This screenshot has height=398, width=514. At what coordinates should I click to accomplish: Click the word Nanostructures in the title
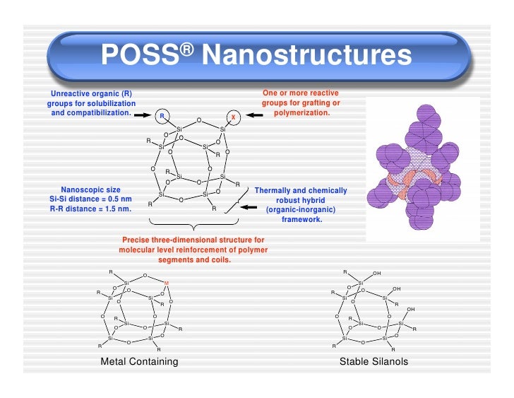click(x=306, y=55)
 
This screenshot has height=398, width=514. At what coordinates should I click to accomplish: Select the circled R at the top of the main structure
click(x=162, y=115)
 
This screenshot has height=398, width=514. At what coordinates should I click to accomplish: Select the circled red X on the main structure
click(x=233, y=117)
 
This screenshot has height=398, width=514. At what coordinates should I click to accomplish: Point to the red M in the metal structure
click(x=167, y=284)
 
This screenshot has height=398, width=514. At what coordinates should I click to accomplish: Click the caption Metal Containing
click(x=139, y=362)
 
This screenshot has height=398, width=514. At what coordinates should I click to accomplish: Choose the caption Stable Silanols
click(x=373, y=362)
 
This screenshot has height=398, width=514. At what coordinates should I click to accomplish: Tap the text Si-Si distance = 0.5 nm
click(x=87, y=200)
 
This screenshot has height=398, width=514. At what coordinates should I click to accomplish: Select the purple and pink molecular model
click(x=421, y=170)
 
